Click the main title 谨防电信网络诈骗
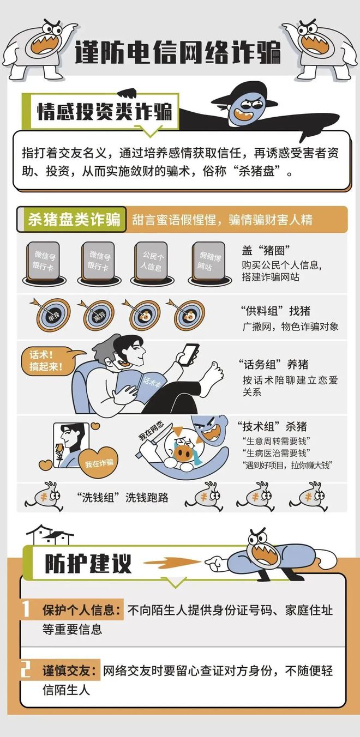click(178, 52)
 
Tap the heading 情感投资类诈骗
click(104, 112)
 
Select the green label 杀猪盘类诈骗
click(74, 220)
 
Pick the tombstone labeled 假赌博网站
click(209, 262)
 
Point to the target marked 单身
click(53, 315)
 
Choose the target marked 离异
click(98, 315)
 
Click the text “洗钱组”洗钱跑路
click(123, 497)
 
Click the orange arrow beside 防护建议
click(172, 563)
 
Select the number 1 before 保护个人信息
click(26, 609)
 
